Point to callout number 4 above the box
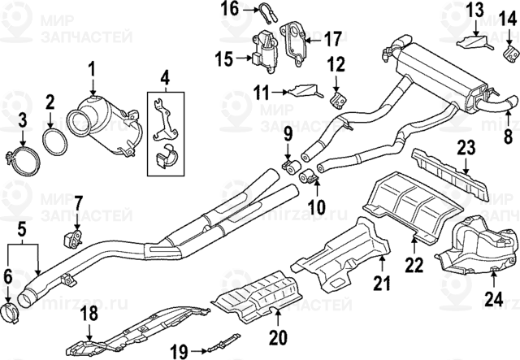[x=165, y=80]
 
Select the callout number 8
[x=508, y=135]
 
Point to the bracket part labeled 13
[x=473, y=41]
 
